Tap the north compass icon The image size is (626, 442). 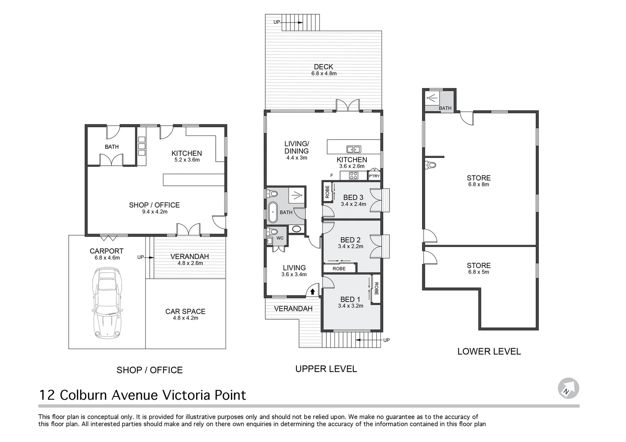click(569, 388)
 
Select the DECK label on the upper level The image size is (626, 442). click(323, 67)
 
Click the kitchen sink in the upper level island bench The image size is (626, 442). click(353, 149)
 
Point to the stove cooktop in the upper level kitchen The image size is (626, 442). click(353, 176)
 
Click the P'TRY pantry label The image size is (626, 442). click(374, 176)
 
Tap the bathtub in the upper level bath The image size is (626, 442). click(272, 212)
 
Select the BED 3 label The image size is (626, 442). click(353, 197)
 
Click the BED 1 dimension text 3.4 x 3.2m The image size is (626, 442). click(350, 306)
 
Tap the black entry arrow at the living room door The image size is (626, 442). click(312, 291)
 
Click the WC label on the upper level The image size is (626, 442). click(280, 238)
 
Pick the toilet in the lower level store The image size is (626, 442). click(431, 165)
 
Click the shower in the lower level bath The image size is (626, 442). click(432, 98)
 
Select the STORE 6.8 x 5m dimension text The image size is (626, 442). click(479, 272)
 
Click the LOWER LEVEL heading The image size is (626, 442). click(489, 351)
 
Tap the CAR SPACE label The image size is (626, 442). click(185, 311)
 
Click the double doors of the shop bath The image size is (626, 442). click(111, 160)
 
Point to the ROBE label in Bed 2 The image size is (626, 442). click(339, 268)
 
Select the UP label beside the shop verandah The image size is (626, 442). click(140, 257)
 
